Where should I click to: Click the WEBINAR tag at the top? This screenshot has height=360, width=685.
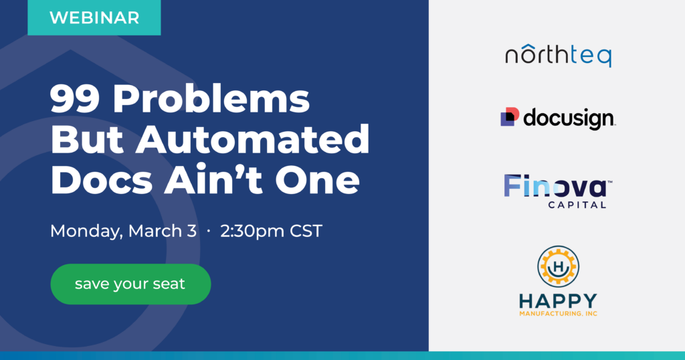[x=94, y=17]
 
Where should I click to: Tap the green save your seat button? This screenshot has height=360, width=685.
[x=130, y=284]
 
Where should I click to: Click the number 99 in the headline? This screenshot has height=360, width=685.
[x=74, y=99]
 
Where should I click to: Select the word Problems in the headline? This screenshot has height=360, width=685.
[x=211, y=99]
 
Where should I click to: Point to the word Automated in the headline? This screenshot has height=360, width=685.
[x=252, y=139]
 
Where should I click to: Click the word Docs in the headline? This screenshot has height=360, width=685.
[x=102, y=180]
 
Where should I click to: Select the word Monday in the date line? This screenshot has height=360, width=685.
[x=86, y=232]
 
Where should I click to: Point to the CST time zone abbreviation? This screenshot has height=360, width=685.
[x=306, y=231]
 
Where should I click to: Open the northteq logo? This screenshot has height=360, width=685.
[x=559, y=56]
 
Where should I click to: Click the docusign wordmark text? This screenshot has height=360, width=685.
[x=569, y=118]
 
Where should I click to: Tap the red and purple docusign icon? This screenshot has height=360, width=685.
[x=510, y=116]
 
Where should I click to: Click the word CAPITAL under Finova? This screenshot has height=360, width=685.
[x=577, y=205]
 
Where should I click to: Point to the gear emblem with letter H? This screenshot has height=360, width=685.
[x=559, y=266]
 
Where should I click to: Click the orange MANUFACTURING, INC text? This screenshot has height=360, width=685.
[x=559, y=314]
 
